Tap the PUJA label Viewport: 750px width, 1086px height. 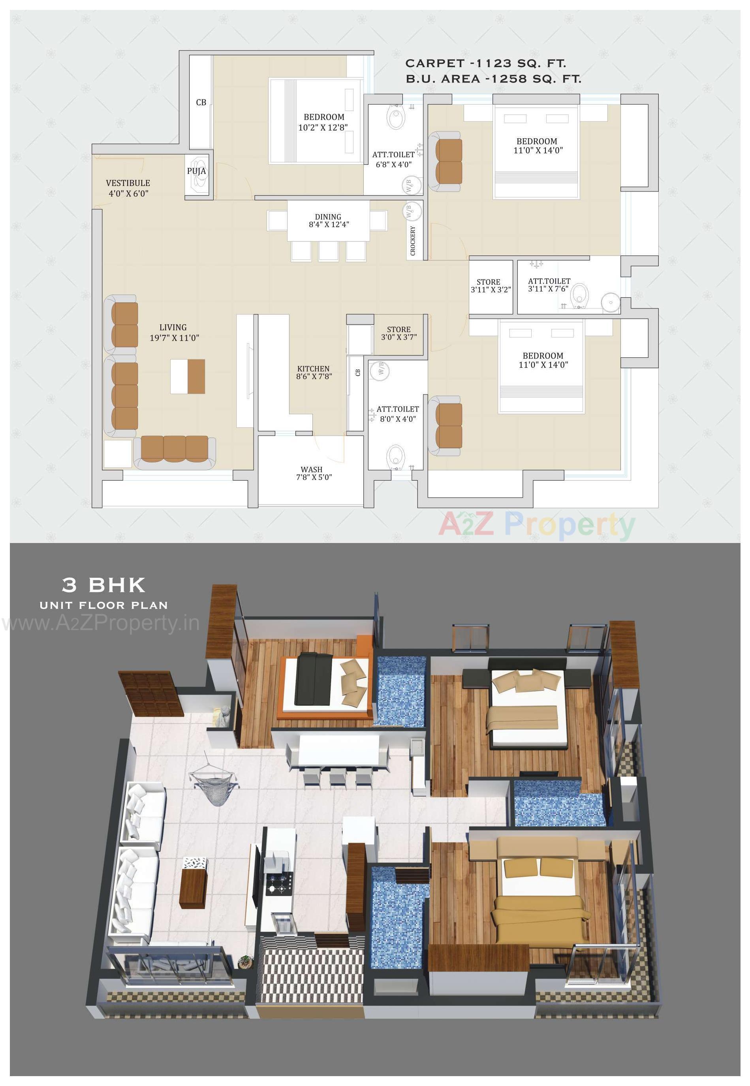click(x=196, y=171)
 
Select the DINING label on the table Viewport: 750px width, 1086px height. click(x=328, y=217)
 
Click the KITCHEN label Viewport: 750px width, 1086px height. click(x=314, y=369)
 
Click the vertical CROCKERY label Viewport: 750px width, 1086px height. click(x=413, y=240)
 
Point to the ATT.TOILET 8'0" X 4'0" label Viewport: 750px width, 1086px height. click(x=398, y=414)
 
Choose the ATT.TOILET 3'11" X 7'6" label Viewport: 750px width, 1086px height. click(x=549, y=285)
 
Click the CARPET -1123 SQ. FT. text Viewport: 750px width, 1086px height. click(x=485, y=63)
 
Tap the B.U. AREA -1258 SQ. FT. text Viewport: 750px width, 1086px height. click(x=493, y=79)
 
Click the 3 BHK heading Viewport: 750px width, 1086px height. click(x=104, y=585)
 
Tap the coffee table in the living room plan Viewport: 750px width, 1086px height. click(x=188, y=376)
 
